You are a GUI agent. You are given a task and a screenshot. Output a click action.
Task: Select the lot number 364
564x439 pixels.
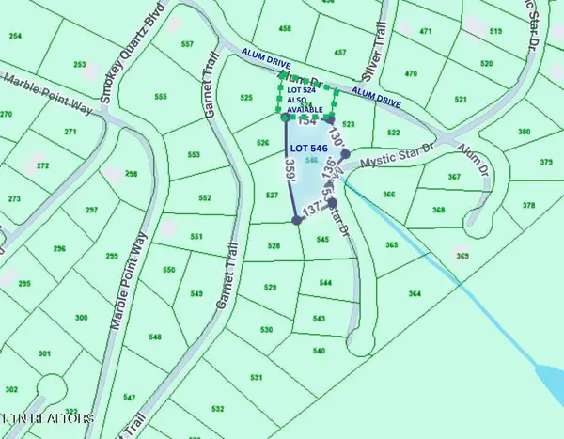coord(415,294)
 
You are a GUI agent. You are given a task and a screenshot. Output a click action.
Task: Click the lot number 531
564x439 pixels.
coord(255,377)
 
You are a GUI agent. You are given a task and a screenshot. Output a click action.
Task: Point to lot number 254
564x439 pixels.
coord(15,36)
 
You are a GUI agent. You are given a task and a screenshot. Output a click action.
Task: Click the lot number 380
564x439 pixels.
coord(524,133)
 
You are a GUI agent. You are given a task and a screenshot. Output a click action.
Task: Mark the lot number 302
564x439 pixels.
coord(11,389)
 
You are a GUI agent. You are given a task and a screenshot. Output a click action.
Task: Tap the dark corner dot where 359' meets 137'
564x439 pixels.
coord(297,220)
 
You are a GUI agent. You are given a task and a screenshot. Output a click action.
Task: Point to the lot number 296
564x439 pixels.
coord(60,248)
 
